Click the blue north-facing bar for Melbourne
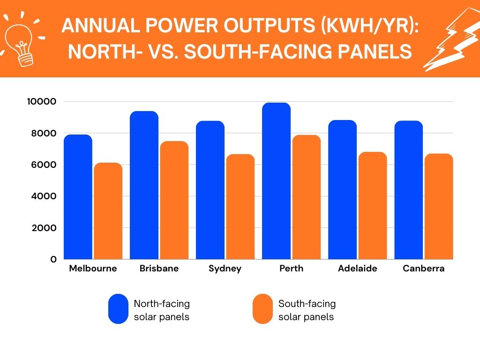click(78, 197)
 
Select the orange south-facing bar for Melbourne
click(108, 211)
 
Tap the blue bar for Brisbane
click(144, 185)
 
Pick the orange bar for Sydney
click(240, 207)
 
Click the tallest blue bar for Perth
click(276, 181)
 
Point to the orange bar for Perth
click(306, 197)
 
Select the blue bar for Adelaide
click(342, 190)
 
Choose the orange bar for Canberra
click(439, 206)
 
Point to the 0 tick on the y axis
click(53, 259)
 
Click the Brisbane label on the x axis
click(159, 269)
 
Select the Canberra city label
click(423, 269)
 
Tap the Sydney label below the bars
click(225, 269)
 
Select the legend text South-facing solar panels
click(307, 310)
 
